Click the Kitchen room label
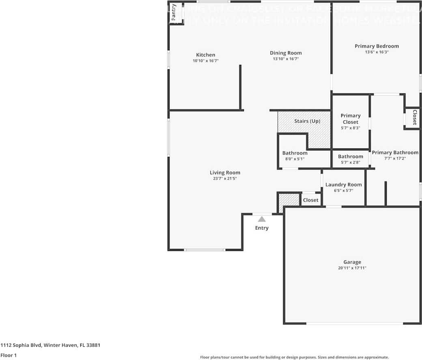206,55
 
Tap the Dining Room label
286,53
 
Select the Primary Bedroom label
377,46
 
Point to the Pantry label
174,12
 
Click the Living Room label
225,173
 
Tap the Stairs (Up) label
307,121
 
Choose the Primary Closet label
350,119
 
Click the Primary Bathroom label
395,153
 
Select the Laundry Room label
343,185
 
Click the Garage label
352,262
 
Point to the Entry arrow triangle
262,219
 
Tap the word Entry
262,228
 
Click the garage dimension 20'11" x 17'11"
352,268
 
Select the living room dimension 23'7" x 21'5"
225,178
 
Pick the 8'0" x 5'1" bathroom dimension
295,159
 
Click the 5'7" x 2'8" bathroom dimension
350,162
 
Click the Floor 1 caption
9,355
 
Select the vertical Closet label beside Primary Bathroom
414,117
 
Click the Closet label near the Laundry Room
311,200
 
